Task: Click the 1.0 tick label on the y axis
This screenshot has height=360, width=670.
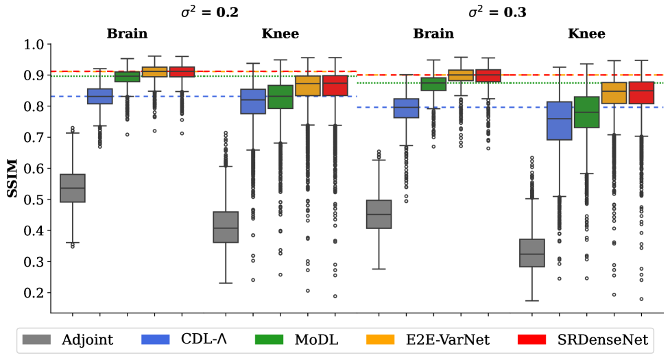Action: coord(34,45)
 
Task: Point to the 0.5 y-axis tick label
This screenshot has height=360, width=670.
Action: coord(34,200)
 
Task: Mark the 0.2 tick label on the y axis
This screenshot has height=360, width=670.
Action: coord(34,293)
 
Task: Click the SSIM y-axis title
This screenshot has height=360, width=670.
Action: coord(12,179)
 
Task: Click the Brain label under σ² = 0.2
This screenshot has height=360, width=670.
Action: coord(127,33)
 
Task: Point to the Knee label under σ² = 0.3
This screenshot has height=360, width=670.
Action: coord(587,33)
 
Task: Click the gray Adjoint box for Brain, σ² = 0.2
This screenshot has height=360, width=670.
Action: coord(73,188)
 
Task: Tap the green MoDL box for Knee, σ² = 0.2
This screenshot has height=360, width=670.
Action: coord(280,97)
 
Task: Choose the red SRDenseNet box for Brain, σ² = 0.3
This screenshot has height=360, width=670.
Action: coord(488,75)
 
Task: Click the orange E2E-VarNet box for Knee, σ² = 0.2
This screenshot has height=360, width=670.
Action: coord(308,86)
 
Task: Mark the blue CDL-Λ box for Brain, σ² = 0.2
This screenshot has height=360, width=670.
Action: coord(100,96)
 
